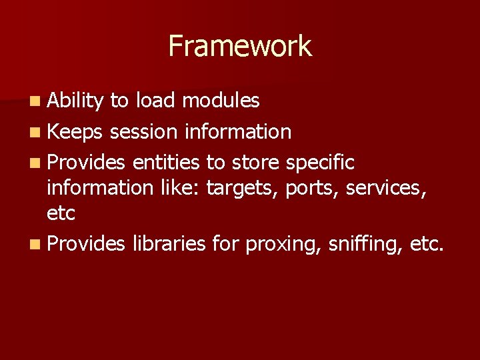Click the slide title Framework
[240, 46]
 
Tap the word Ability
[75, 101]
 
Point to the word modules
[221, 101]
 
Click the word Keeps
[75, 132]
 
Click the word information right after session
[237, 132]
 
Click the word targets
[243, 189]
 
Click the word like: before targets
[181, 189]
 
